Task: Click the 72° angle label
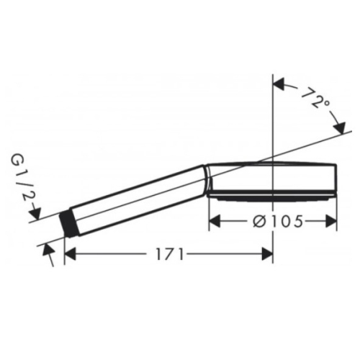tap(315, 99)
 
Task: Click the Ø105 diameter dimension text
tap(278, 221)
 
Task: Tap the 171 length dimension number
tap(170, 254)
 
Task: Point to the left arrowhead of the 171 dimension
tap(71, 254)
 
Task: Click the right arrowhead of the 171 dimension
tap(267, 254)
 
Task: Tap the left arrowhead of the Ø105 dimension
tap(215, 221)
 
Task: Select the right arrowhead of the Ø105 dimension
tap(331, 221)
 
